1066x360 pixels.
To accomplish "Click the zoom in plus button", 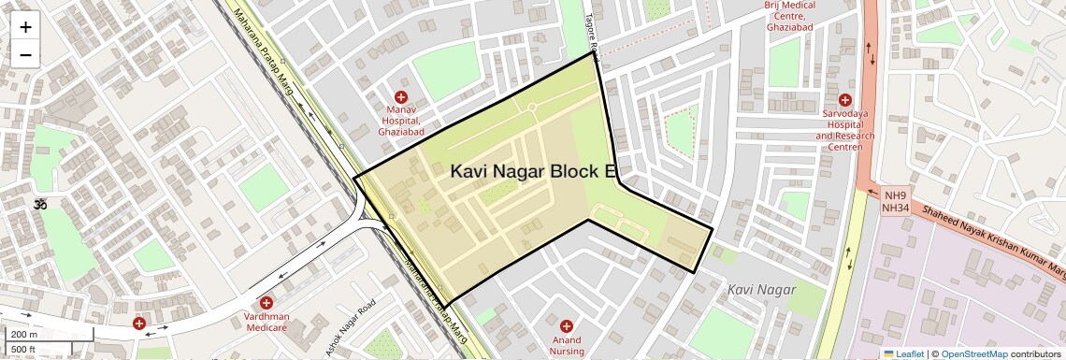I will point(25,26).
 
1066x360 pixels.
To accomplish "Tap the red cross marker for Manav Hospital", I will point(401,97).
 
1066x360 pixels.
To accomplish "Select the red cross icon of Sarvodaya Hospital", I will point(845,100).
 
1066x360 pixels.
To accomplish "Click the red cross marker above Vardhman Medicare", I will point(266,302).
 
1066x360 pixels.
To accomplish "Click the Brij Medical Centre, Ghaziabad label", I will point(791,16).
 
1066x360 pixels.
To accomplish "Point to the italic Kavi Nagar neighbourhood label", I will point(761,290).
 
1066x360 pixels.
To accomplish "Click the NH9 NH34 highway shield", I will point(897,201).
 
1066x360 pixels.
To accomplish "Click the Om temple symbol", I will point(40,204).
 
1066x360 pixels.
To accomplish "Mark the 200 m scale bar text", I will point(24,335).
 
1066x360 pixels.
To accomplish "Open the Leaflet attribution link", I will point(903,353).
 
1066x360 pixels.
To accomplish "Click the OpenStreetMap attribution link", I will point(973,353).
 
